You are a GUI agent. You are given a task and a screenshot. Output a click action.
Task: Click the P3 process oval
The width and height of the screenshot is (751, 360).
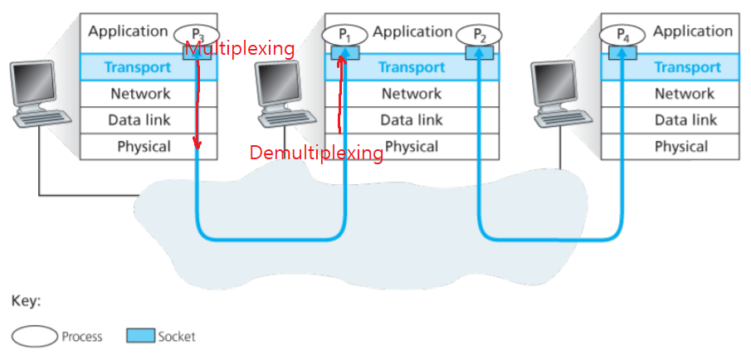pos(196,35)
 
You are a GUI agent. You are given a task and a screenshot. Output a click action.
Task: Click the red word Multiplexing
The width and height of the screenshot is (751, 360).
pos(239,49)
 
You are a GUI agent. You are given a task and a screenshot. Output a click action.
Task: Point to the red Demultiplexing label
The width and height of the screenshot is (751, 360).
pos(316,153)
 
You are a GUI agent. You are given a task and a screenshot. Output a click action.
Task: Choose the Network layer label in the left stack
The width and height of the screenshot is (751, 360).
pos(140,94)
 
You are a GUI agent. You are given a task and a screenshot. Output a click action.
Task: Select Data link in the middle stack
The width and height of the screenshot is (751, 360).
pos(412,120)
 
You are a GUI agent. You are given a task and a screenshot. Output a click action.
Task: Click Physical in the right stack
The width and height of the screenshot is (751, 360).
pos(680,147)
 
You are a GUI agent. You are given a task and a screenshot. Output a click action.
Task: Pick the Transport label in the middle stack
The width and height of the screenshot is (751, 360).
pos(412,67)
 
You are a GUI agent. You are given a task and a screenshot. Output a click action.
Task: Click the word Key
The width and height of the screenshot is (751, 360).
pos(26,301)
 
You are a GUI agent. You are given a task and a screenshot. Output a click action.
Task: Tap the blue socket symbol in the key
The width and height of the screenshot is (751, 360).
pos(140,336)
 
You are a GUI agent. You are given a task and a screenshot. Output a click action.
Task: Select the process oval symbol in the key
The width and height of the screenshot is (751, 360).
pos(34,336)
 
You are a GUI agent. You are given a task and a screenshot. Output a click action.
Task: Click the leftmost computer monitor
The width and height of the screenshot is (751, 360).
pos(33,85)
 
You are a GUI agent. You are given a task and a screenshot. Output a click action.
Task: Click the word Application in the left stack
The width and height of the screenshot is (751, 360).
pos(128,32)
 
